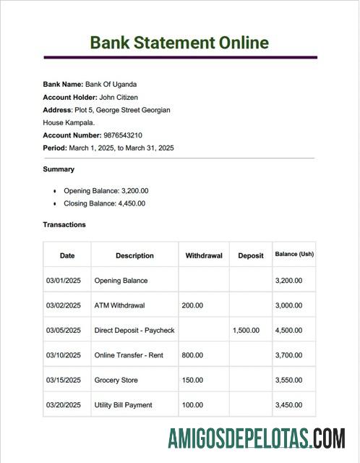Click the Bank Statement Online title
(179, 42)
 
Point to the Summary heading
(59, 169)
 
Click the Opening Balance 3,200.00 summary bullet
(106, 191)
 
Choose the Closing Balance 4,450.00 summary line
(104, 203)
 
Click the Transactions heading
(64, 224)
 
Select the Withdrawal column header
(204, 255)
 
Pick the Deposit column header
(250, 255)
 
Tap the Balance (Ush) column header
(294, 255)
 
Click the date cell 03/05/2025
(64, 331)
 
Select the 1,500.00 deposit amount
(246, 331)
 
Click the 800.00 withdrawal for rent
(192, 355)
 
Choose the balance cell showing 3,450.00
(288, 405)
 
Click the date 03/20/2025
(64, 405)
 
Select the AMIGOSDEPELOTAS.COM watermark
(256, 438)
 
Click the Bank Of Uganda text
(111, 84)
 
